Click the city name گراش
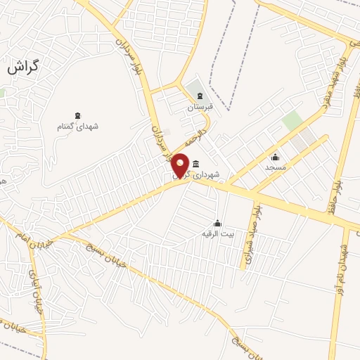(x=24, y=69)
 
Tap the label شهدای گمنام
(x=78, y=127)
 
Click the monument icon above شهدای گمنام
(x=77, y=115)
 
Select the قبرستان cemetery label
(x=199, y=108)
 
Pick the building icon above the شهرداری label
(x=195, y=164)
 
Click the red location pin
(x=181, y=165)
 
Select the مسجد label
(x=275, y=167)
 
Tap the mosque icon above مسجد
(x=275, y=157)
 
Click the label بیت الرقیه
(x=217, y=233)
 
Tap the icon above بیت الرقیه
(x=217, y=222)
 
